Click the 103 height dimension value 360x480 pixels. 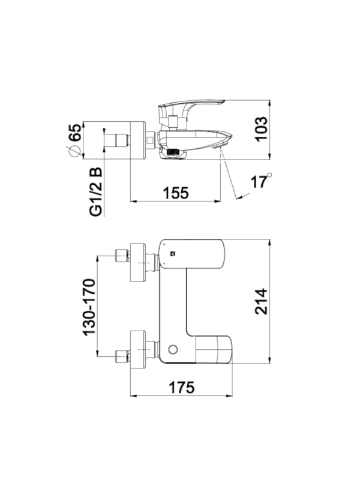click(x=261, y=128)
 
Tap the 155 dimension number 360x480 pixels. click(x=176, y=193)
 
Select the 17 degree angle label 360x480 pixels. click(x=261, y=182)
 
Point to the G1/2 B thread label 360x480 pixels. click(x=96, y=192)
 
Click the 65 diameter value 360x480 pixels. click(x=76, y=132)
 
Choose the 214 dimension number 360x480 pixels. click(x=261, y=301)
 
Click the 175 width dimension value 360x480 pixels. click(x=182, y=387)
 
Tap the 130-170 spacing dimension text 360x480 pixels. click(x=89, y=307)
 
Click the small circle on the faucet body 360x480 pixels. click(x=173, y=349)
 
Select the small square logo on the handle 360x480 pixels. click(x=173, y=253)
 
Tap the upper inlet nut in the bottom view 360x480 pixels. click(x=121, y=256)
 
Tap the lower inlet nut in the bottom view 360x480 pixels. click(x=121, y=356)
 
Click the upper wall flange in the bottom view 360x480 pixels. click(x=138, y=263)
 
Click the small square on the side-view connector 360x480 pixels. click(x=150, y=140)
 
